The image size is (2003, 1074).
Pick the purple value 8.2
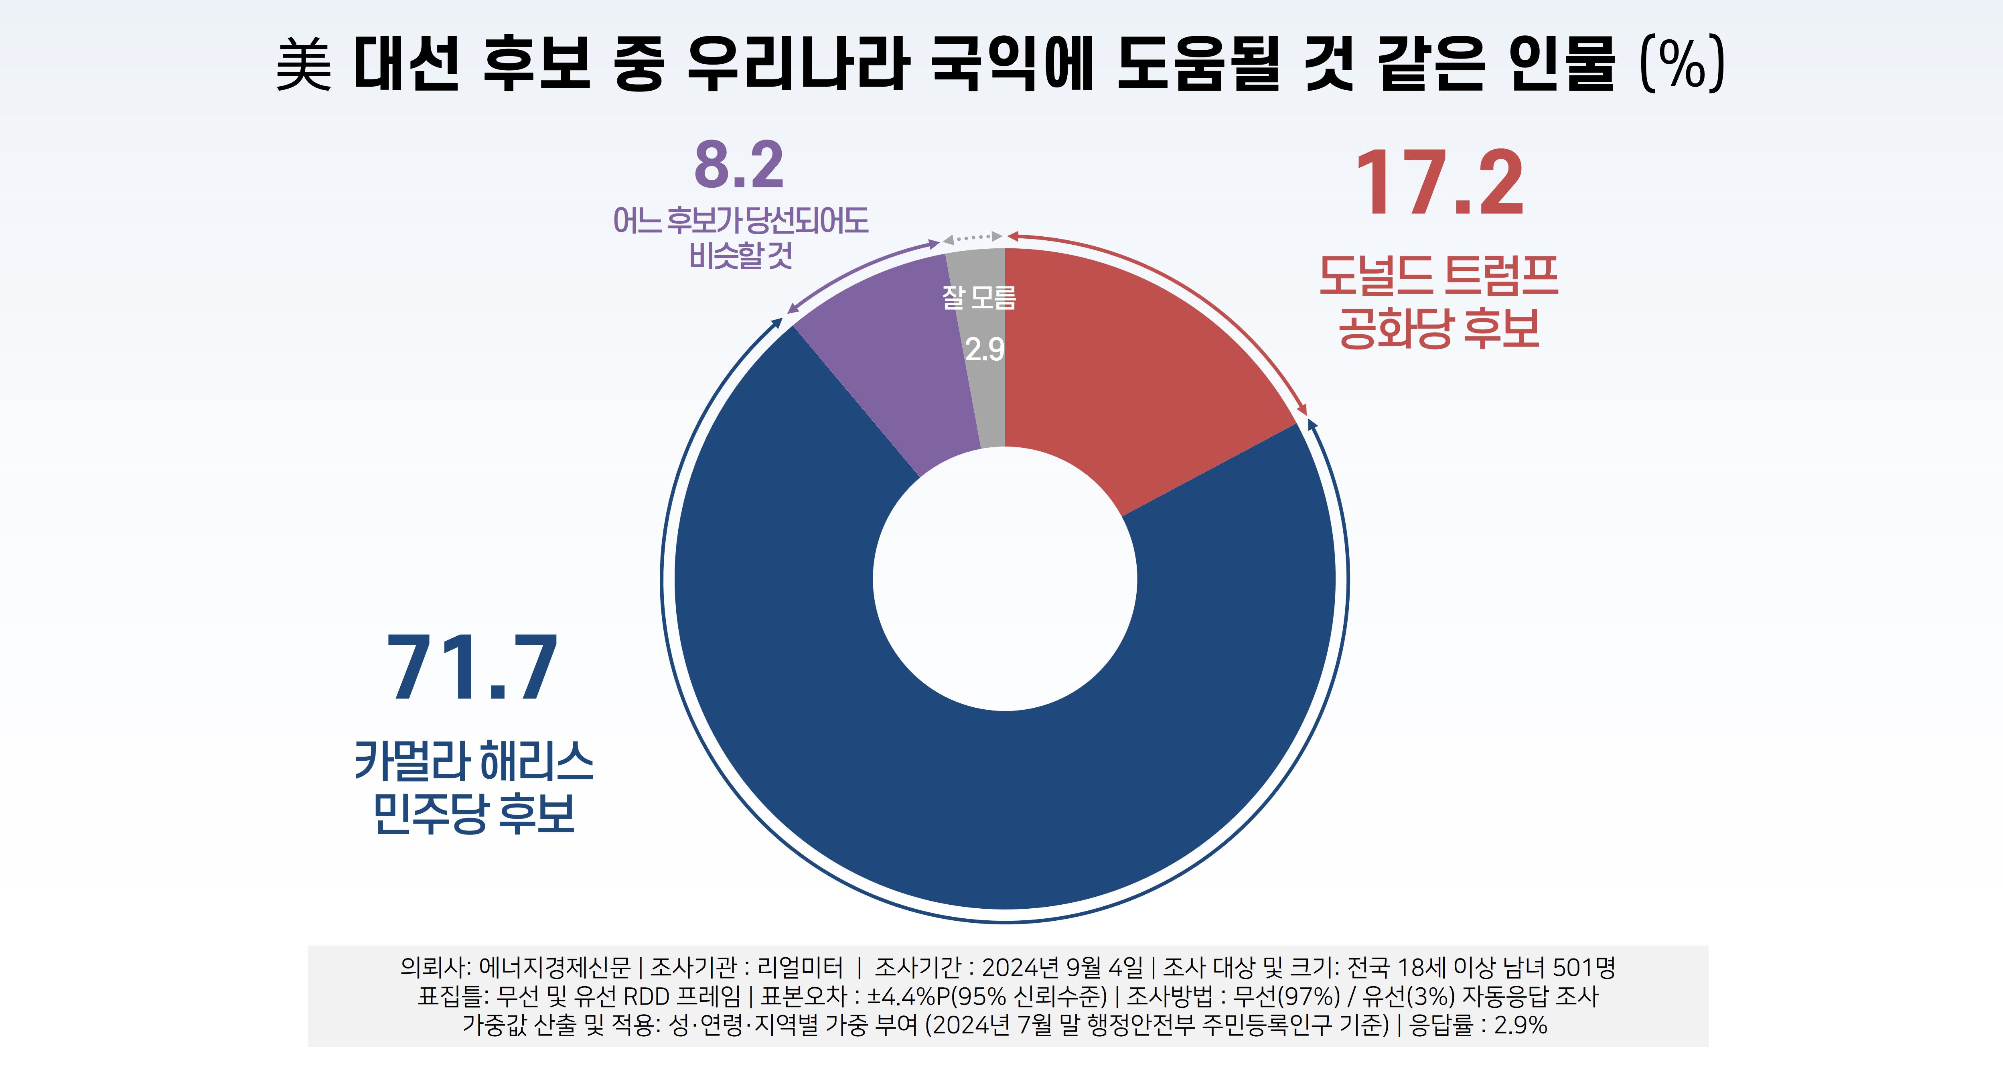coord(739,165)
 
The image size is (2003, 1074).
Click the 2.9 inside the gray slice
coord(984,350)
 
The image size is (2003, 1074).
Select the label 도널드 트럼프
coord(1439,276)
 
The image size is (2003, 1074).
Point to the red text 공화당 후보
coord(1439,329)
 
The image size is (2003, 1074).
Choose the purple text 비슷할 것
coord(740,255)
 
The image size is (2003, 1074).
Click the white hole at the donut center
coord(1005,579)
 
